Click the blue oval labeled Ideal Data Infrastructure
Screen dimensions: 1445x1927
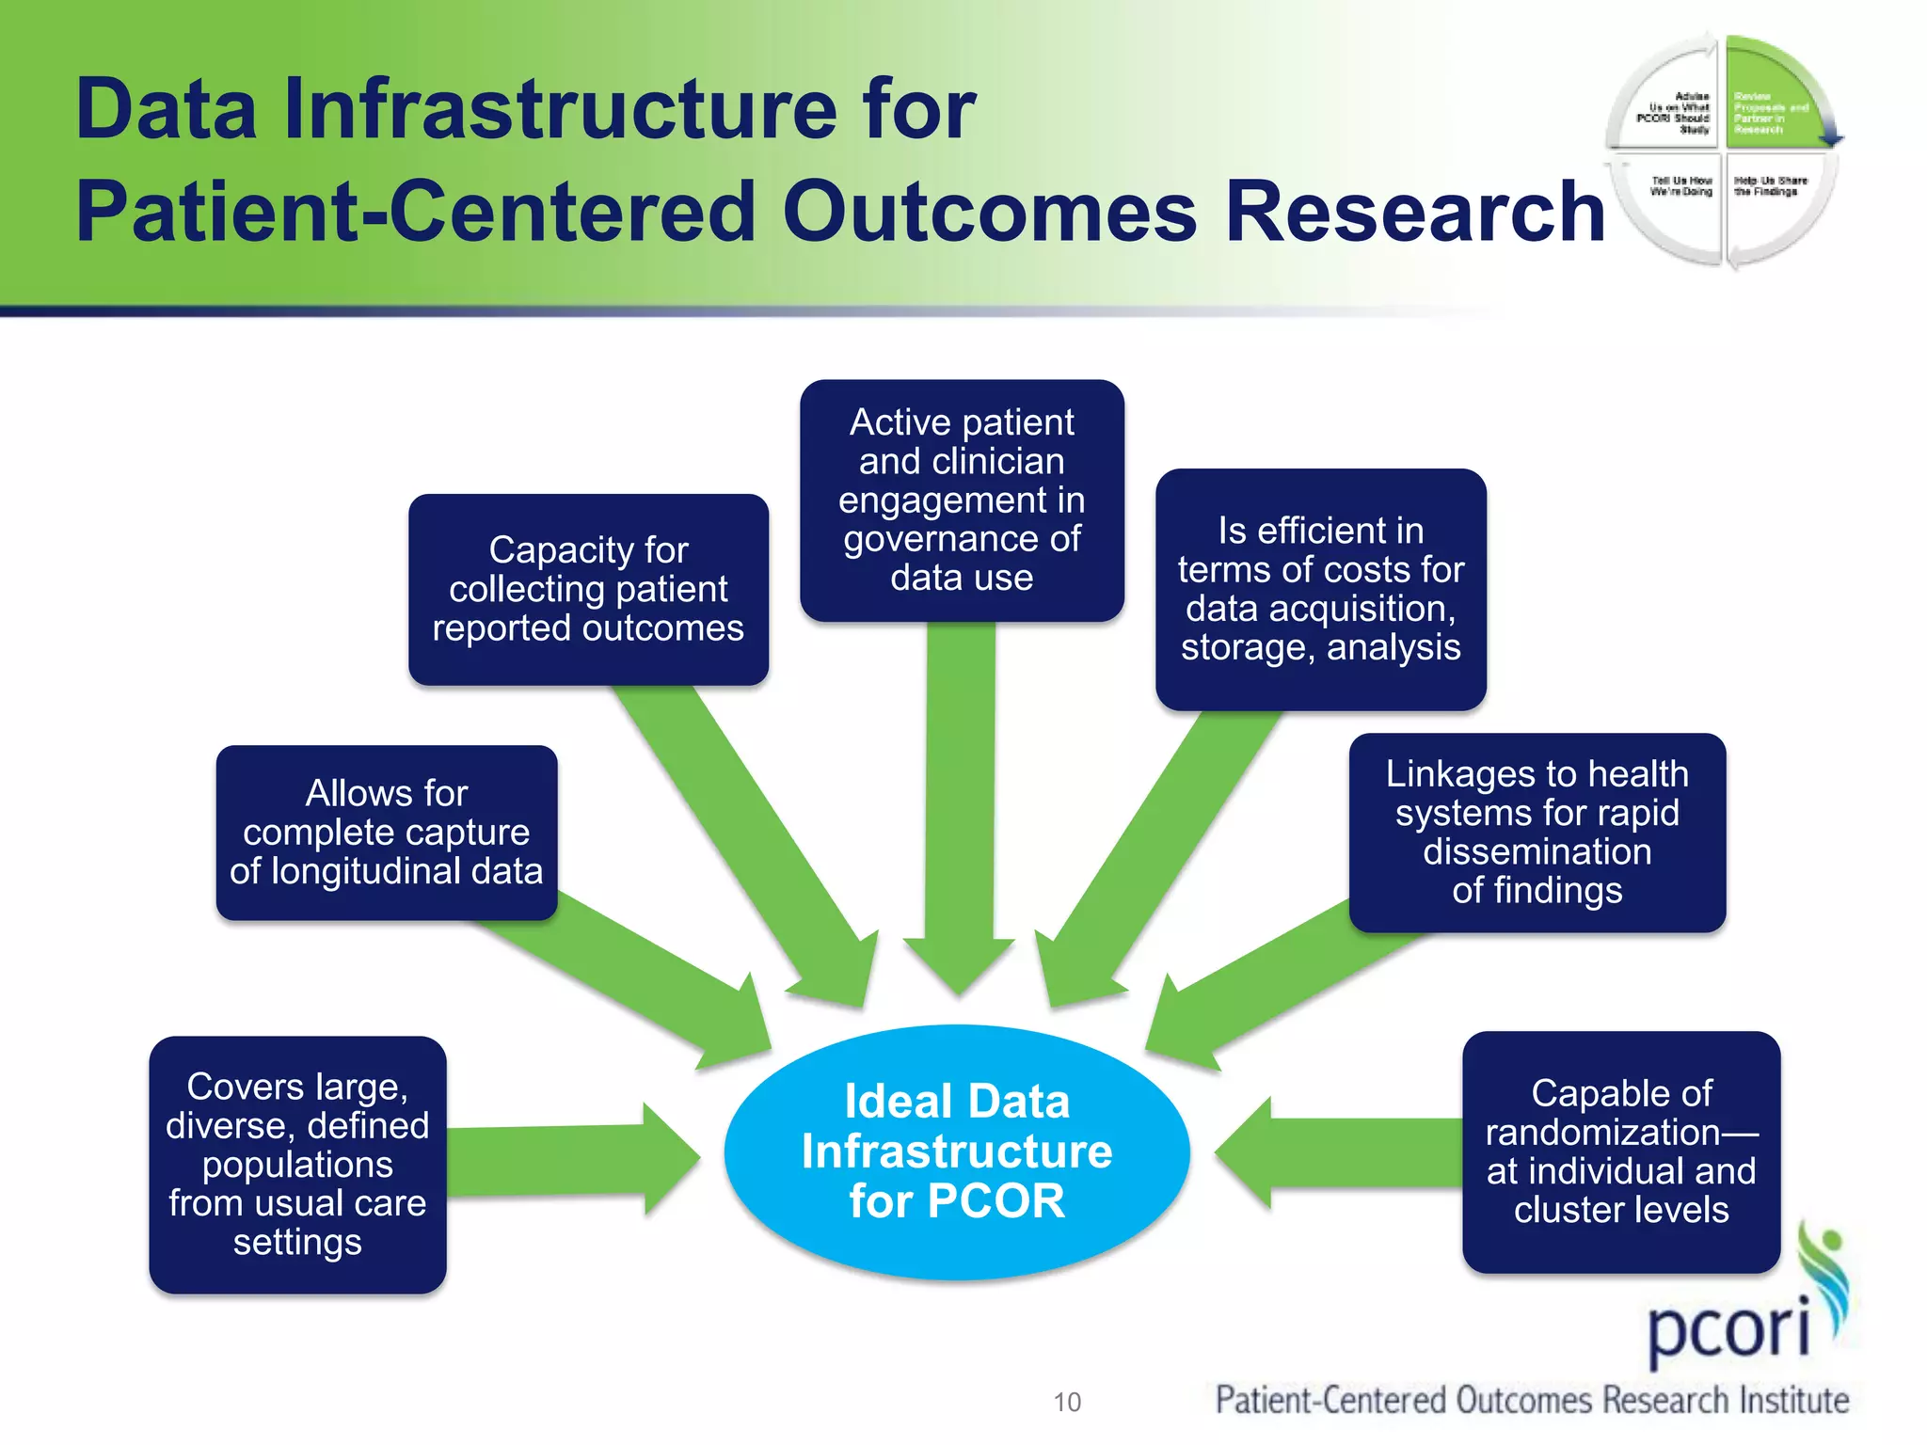click(x=957, y=1151)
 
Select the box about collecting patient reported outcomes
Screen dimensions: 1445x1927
click(x=588, y=589)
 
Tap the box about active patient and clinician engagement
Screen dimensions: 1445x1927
click(x=962, y=500)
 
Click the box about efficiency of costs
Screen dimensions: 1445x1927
click(x=1320, y=589)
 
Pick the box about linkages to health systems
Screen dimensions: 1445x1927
click(x=1537, y=832)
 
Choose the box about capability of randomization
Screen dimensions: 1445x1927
click(x=1620, y=1151)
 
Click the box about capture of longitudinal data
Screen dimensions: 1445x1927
click(x=386, y=832)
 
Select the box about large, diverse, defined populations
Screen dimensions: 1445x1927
click(x=297, y=1164)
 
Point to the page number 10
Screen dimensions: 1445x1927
click(x=1067, y=1402)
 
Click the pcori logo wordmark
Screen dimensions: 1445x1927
click(x=1729, y=1328)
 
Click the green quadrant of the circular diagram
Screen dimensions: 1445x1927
click(x=1769, y=103)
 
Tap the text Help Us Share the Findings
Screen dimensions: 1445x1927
click(x=1770, y=185)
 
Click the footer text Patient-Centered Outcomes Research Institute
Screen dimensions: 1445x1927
click(x=1532, y=1400)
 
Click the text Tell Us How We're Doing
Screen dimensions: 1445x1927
click(x=1681, y=185)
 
